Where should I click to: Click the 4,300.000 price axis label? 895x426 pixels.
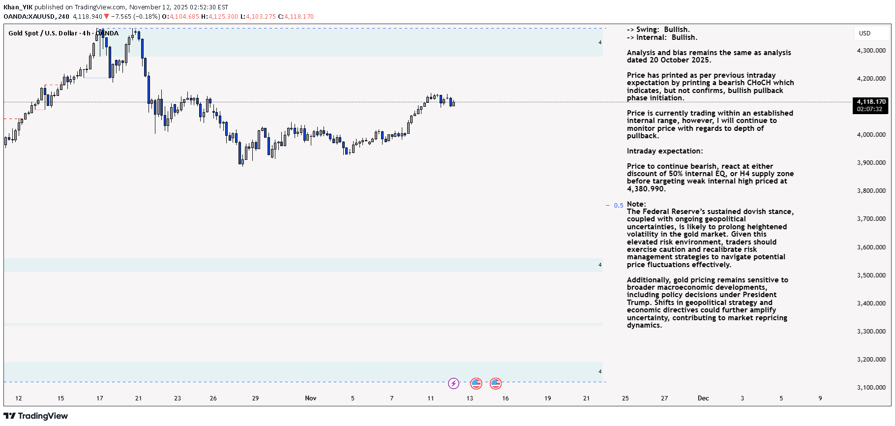point(871,51)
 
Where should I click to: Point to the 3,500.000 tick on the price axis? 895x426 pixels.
point(871,275)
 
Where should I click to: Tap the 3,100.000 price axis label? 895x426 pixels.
point(871,388)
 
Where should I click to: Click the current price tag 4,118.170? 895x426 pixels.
point(871,102)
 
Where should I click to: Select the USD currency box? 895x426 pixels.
point(865,33)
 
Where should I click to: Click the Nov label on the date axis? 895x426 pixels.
point(310,398)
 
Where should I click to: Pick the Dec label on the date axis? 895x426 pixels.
point(703,398)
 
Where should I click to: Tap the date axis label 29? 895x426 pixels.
point(255,398)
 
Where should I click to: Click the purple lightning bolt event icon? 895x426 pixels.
point(453,383)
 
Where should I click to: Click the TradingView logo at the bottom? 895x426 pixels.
point(36,416)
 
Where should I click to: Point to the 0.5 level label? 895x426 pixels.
point(618,206)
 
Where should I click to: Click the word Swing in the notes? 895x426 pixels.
point(648,30)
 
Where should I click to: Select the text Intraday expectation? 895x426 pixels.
point(665,151)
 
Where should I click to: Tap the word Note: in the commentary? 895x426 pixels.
point(636,204)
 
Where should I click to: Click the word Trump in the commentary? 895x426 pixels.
point(639,303)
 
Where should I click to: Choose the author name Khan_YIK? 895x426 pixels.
point(18,7)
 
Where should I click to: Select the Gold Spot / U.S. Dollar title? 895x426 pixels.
point(43,33)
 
